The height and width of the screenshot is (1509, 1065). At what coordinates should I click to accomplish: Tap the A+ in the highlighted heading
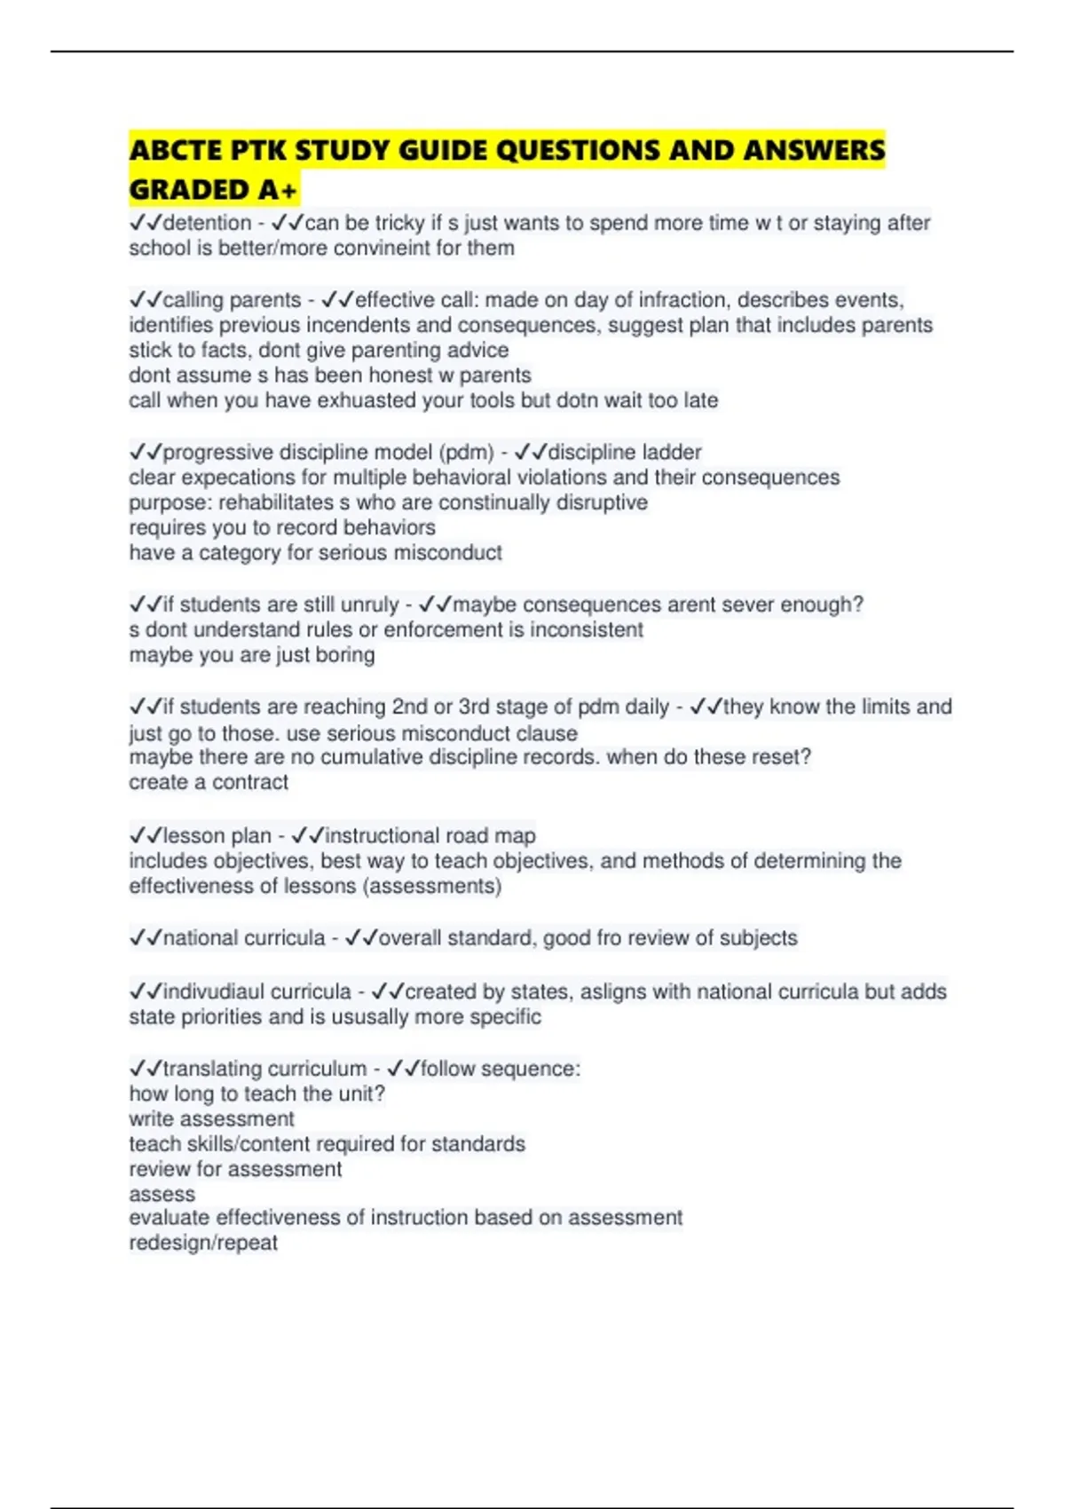point(278,190)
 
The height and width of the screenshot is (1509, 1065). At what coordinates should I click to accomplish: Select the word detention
point(207,223)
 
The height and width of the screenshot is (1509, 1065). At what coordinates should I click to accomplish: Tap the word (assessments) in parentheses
point(434,886)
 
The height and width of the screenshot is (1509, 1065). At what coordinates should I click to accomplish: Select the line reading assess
point(162,1194)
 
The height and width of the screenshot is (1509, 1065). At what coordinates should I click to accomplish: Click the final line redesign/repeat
point(203,1243)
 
